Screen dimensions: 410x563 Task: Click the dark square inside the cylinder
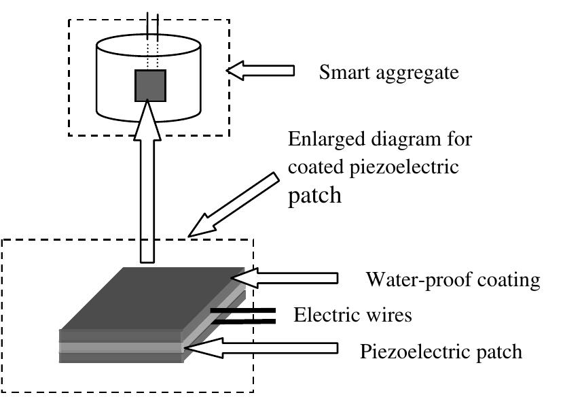pyautogui.click(x=151, y=86)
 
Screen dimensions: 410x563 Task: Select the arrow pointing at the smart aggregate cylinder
pyautogui.click(x=261, y=70)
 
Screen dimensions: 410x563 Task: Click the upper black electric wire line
pyautogui.click(x=242, y=310)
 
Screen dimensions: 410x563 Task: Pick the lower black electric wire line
pyautogui.click(x=242, y=322)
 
